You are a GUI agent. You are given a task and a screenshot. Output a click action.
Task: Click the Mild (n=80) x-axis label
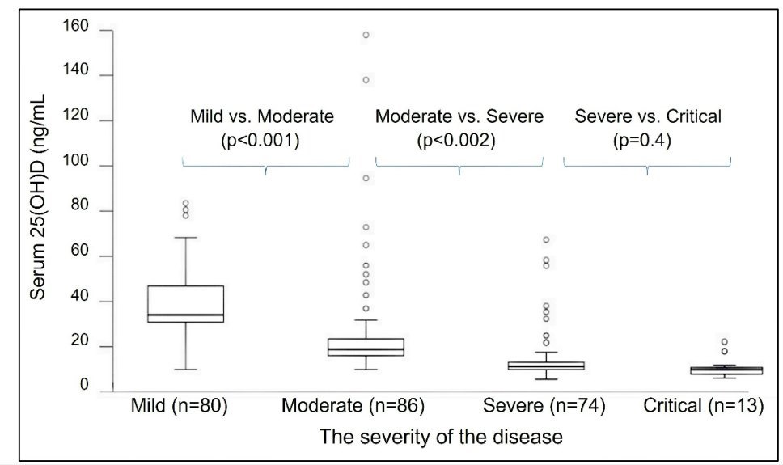179,406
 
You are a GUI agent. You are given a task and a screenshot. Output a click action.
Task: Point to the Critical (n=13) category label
704,406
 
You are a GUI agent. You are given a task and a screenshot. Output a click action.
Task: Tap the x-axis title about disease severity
440,438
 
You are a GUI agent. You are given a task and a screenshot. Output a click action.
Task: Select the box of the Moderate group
366,347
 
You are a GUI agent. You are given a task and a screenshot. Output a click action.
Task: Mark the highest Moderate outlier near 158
366,35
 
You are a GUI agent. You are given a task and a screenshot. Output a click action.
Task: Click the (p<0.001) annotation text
261,140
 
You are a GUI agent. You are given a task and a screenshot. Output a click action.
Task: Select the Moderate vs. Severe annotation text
459,116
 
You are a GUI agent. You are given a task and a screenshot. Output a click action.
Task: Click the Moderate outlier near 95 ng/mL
366,178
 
